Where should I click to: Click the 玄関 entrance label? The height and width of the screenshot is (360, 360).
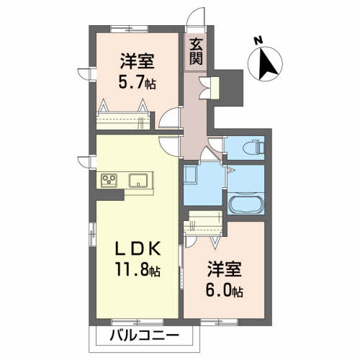coord(196,51)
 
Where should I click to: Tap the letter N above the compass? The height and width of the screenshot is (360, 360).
coord(258,40)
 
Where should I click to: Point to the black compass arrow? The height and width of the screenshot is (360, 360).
coord(266,64)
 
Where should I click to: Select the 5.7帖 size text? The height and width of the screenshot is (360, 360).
coord(137,82)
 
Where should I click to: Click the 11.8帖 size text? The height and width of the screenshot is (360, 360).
coord(138,269)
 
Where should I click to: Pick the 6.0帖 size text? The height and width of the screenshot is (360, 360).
coord(224,290)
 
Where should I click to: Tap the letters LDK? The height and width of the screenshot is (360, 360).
coord(138,248)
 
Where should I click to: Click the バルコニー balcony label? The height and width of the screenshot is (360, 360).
coord(145,336)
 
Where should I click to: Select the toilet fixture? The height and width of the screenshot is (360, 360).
coord(253,147)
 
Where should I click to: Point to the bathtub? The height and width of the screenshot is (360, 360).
coord(246,205)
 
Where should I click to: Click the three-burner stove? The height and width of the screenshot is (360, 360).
coord(109,180)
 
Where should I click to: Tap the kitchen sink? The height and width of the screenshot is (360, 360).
coord(138,180)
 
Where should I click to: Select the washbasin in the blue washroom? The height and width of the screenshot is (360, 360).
coord(191,174)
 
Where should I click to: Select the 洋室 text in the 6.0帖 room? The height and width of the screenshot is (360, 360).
coord(225,269)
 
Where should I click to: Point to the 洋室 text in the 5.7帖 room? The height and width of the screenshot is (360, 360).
coord(137,61)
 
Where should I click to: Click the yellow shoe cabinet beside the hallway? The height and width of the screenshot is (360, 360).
coord(215,88)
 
